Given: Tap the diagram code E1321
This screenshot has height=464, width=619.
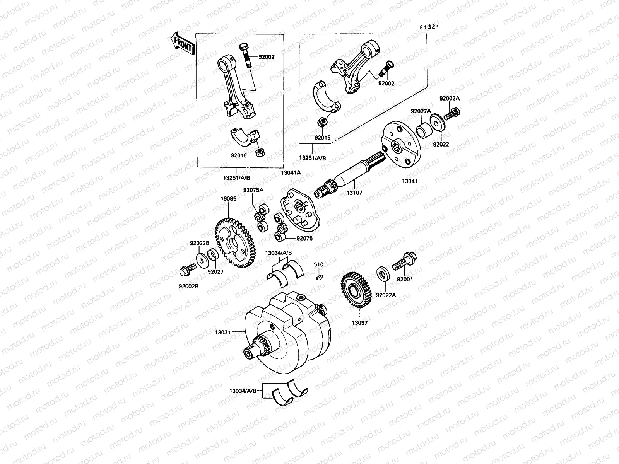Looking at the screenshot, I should click(x=431, y=27).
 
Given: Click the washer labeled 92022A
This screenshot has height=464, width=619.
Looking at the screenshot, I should click(x=383, y=274).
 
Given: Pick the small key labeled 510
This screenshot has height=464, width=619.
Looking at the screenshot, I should click(x=318, y=276).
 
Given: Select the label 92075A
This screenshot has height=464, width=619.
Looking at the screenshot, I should click(x=253, y=190).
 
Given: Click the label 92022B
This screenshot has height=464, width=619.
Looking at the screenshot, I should click(x=200, y=243).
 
